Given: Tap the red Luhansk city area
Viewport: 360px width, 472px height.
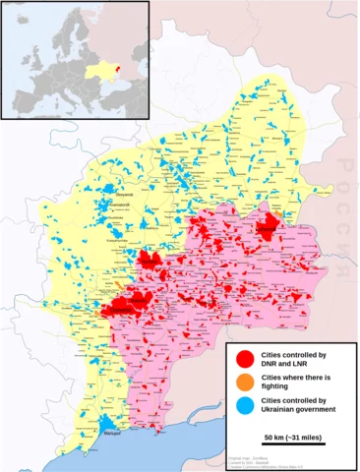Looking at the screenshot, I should tap(268, 229).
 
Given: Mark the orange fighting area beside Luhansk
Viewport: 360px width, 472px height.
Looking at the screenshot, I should tap(278, 214).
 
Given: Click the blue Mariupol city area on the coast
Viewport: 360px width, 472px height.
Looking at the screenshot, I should tap(105, 424).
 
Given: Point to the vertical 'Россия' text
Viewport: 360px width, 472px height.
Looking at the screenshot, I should tap(346, 192).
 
